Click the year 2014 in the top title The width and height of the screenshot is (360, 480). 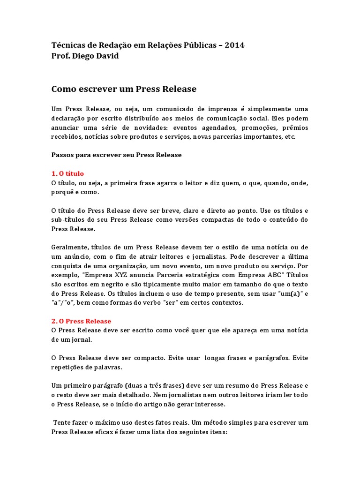pos(235,45)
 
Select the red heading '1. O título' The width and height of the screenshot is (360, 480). pos(67,173)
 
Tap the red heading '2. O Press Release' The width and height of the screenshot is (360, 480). pos(81,321)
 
